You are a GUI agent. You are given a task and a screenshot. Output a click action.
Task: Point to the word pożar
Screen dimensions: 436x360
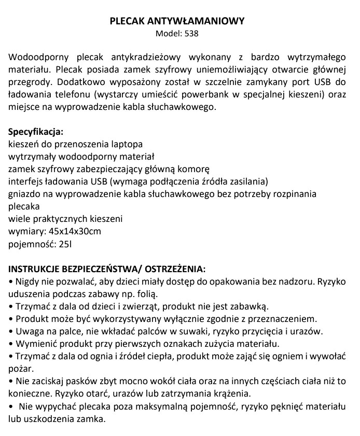(20, 369)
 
